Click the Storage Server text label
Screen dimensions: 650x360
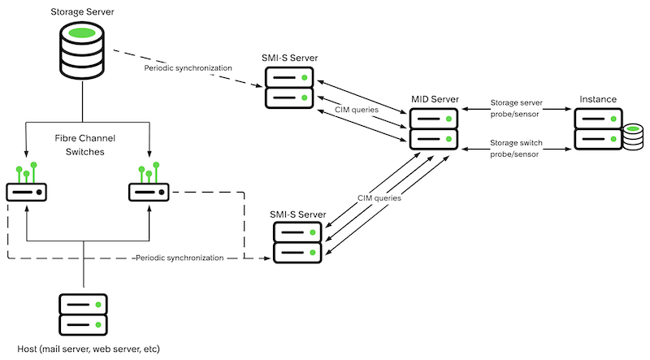82,11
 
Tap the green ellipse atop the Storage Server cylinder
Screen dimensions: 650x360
82,33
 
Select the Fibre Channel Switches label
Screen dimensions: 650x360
85,145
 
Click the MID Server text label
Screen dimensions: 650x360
435,99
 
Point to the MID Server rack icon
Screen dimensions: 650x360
434,129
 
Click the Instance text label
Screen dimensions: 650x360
598,99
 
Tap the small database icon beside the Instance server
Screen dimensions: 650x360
633,137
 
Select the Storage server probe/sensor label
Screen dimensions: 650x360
516,108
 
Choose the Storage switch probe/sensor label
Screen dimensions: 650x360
516,149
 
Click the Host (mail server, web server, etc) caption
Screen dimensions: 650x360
89,349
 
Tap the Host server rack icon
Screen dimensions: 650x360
84,314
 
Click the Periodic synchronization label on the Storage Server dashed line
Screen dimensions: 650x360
188,68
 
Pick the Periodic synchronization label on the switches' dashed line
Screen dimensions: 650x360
180,258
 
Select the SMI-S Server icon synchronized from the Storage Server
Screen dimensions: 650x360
289,88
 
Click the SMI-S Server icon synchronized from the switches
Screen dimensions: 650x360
297,243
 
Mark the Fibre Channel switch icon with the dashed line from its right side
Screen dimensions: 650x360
149,182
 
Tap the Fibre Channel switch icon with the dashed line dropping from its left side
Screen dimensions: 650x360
27,182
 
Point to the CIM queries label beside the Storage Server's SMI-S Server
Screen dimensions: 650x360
357,110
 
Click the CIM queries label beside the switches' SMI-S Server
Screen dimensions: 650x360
379,198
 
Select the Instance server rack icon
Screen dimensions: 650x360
598,129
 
